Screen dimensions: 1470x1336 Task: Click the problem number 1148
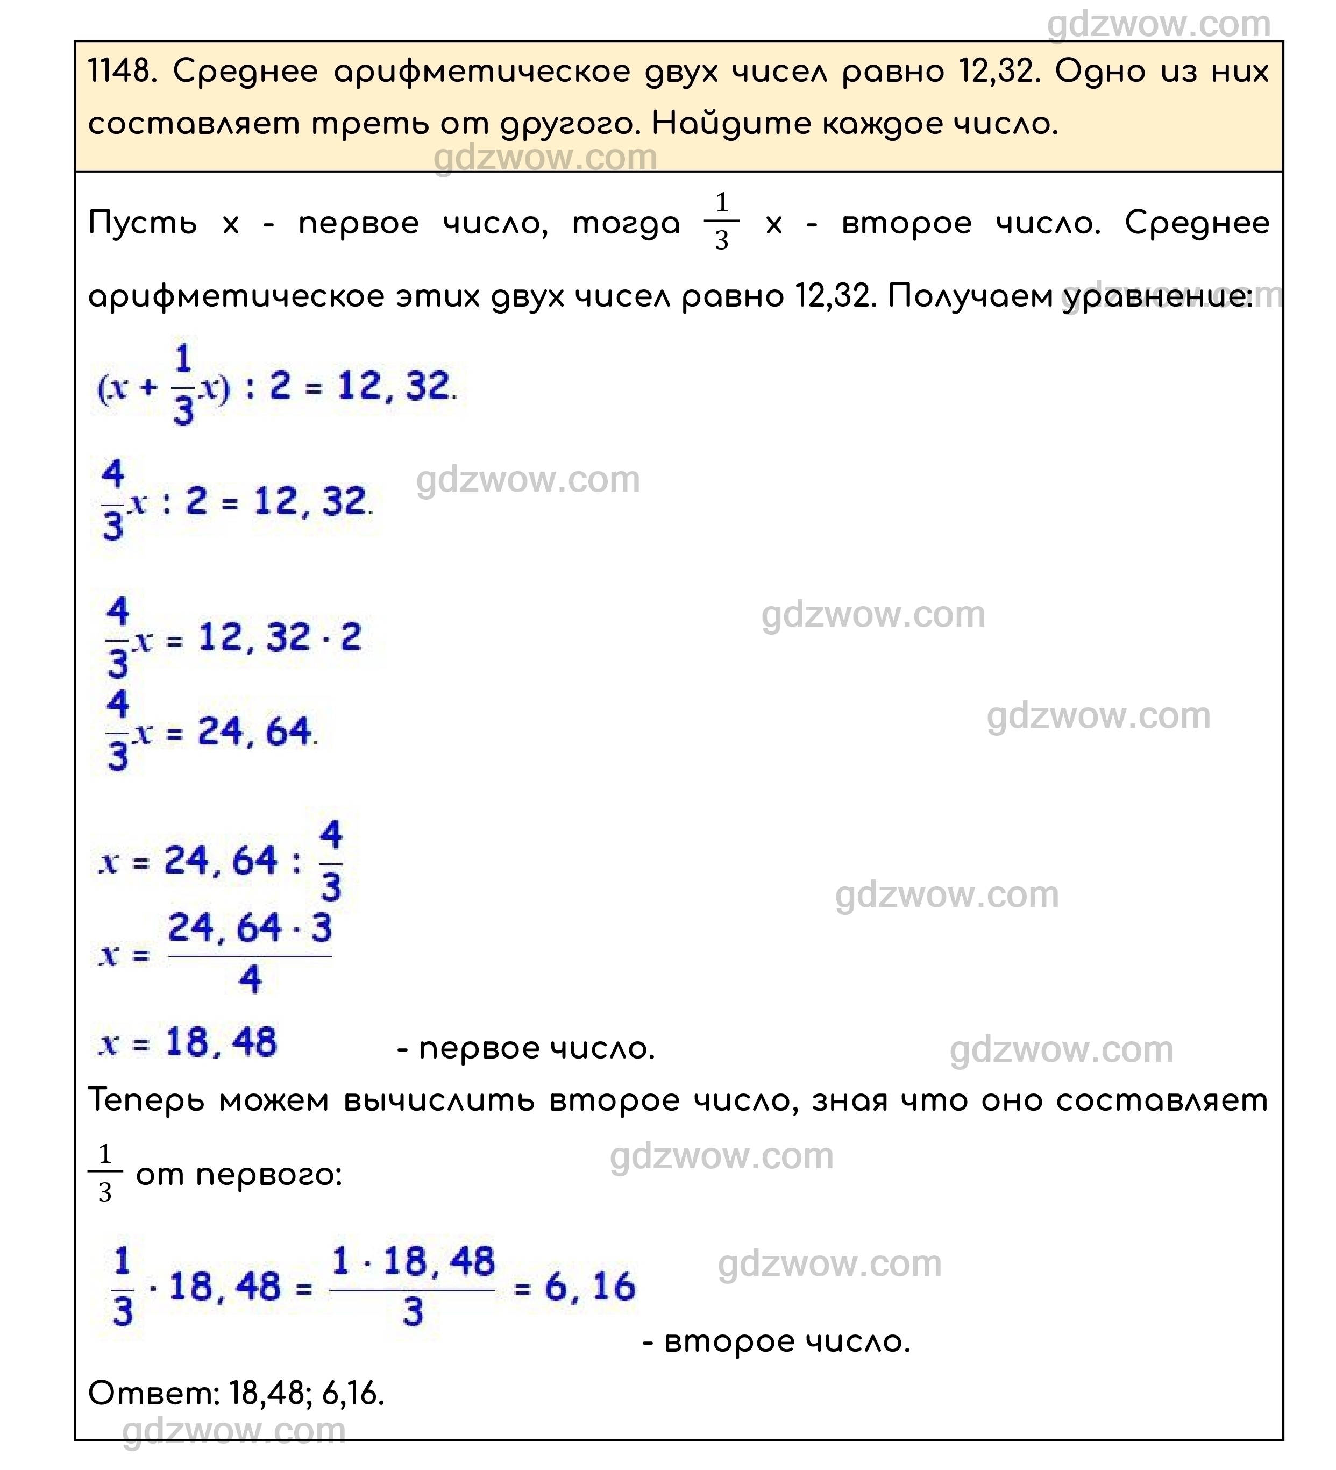pos(120,72)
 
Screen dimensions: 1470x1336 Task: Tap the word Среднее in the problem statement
pos(245,72)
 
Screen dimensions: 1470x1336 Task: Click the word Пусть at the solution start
pos(142,223)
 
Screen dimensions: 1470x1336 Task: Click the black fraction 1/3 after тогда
pos(721,222)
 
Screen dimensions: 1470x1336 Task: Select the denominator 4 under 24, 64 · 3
pos(250,978)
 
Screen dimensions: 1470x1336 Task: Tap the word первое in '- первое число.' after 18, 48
pos(478,1048)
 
